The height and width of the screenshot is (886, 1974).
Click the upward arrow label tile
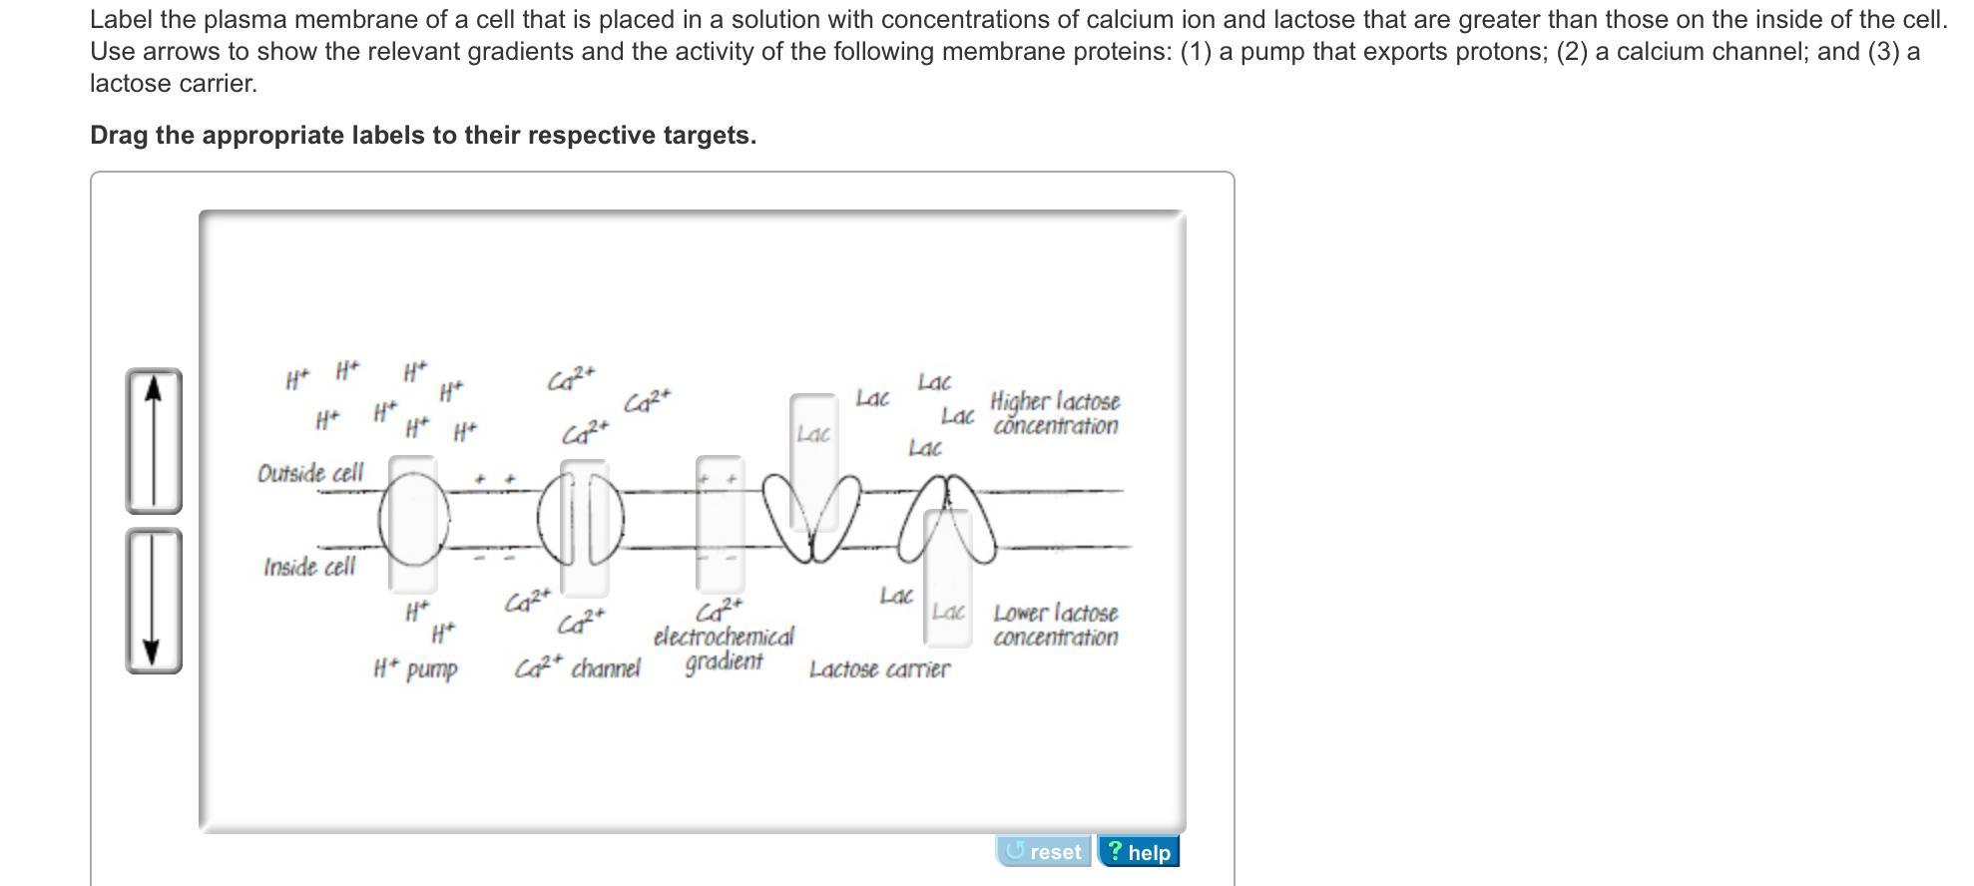pyautogui.click(x=153, y=441)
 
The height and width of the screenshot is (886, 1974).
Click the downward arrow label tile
pyautogui.click(x=153, y=601)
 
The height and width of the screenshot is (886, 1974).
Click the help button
pyautogui.click(x=1139, y=852)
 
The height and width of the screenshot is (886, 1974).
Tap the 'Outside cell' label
pyautogui.click(x=310, y=473)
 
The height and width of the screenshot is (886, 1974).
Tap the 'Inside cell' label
pyautogui.click(x=309, y=567)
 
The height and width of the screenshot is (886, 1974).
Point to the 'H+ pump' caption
pyautogui.click(x=415, y=668)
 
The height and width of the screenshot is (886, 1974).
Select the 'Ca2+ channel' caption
pyautogui.click(x=578, y=667)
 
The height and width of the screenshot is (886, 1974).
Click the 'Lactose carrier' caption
pyautogui.click(x=879, y=668)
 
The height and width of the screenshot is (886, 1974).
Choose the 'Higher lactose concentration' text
pyautogui.click(x=1055, y=413)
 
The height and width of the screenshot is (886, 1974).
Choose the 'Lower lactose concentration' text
pyautogui.click(x=1055, y=625)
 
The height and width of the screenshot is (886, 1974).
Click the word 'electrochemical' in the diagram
pyautogui.click(x=724, y=637)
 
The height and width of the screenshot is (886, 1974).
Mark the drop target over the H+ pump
pyautogui.click(x=412, y=523)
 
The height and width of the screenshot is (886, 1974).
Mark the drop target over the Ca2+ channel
pyautogui.click(x=585, y=527)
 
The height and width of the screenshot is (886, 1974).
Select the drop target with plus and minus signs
pyautogui.click(x=720, y=523)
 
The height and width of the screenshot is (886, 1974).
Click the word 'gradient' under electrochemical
pyautogui.click(x=724, y=662)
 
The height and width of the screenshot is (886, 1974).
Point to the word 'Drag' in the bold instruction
pyautogui.click(x=120, y=135)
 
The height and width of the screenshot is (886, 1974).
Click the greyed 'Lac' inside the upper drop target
pyautogui.click(x=813, y=434)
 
